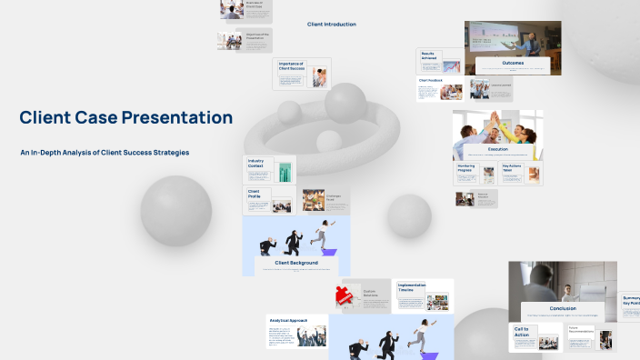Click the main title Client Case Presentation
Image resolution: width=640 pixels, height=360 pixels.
pyautogui.click(x=125, y=117)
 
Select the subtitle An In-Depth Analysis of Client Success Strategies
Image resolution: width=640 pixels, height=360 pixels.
pyautogui.click(x=105, y=152)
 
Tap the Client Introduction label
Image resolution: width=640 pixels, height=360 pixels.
pyautogui.click(x=332, y=25)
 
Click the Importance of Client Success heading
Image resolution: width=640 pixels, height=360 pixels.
pyautogui.click(x=291, y=66)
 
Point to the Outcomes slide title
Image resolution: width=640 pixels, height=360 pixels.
pyautogui.click(x=513, y=63)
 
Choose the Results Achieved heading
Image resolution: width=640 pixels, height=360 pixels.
pyautogui.click(x=428, y=55)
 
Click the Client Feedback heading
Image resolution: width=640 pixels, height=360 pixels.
pyautogui.click(x=430, y=80)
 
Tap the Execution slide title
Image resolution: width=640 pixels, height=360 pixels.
pyautogui.click(x=498, y=148)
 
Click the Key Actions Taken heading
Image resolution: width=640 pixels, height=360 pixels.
pyautogui.click(x=514, y=169)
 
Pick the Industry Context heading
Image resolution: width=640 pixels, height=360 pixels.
pyautogui.click(x=256, y=165)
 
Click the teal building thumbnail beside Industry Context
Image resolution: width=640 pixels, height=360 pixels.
pyautogui.click(x=285, y=172)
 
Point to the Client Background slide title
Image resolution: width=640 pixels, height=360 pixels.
pyautogui.click(x=296, y=263)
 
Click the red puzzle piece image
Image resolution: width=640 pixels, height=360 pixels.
pyautogui.click(x=345, y=294)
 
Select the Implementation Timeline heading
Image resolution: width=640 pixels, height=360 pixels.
pyautogui.click(x=412, y=287)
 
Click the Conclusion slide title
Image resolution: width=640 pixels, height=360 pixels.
pyautogui.click(x=563, y=308)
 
